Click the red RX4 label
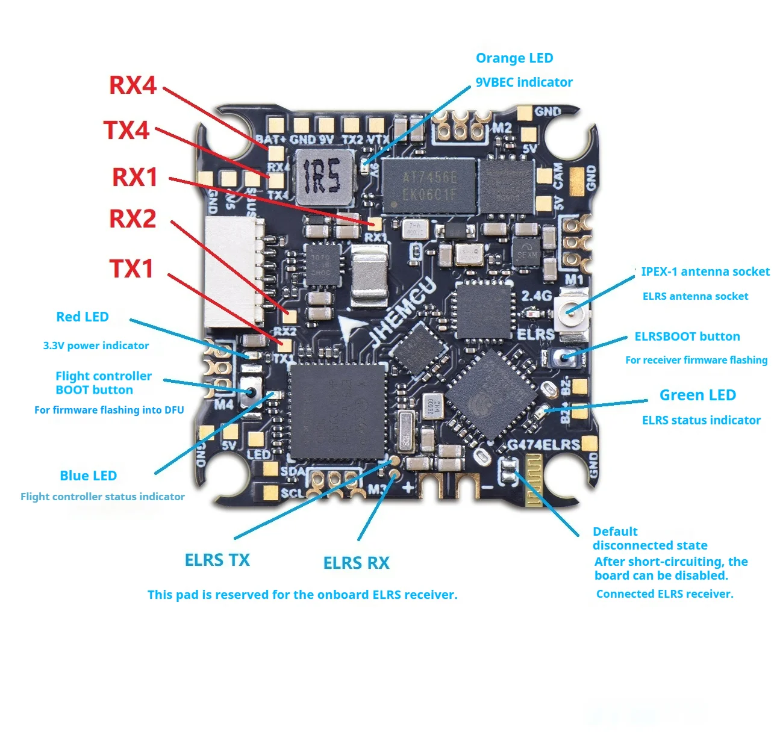coord(133,85)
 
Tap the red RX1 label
coord(135,177)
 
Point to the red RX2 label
coord(133,218)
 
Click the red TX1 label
coord(131,268)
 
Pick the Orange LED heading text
coord(514,58)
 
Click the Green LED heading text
coord(697,395)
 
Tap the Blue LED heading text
coord(88,476)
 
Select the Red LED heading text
coord(82,317)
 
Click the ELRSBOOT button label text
coord(687,336)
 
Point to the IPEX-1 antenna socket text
coord(705,271)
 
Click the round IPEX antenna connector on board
coord(570,310)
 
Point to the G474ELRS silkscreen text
coord(543,445)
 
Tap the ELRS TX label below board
coord(217,560)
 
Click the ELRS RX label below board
coord(356,563)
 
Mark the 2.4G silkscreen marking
coord(536,296)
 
